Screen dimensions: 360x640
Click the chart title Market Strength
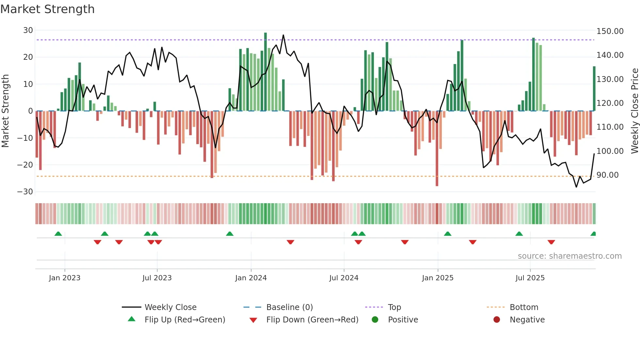(x=47, y=9)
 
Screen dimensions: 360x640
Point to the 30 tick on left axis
(x=28, y=30)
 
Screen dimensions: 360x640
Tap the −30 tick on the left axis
(x=25, y=192)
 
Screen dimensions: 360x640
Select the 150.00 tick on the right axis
(x=610, y=31)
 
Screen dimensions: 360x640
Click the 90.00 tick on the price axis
(x=607, y=175)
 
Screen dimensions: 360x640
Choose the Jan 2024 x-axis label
(x=251, y=278)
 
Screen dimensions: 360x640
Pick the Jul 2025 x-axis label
(x=530, y=278)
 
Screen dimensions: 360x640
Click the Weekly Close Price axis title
(x=634, y=111)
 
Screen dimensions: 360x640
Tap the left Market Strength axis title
(x=6, y=111)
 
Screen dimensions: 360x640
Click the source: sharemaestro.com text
(x=569, y=256)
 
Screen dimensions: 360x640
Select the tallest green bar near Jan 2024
(x=265, y=72)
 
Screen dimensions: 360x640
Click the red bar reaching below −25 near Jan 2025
(x=437, y=149)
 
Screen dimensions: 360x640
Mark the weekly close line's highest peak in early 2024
(x=283, y=35)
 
